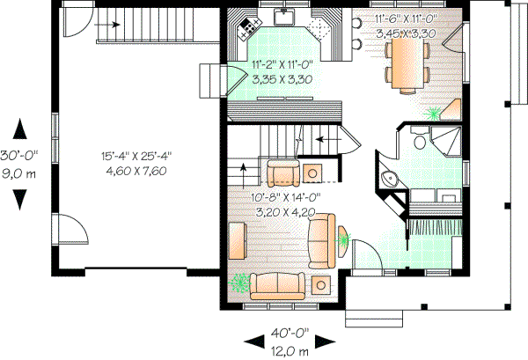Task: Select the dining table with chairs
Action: pyautogui.click(x=405, y=66)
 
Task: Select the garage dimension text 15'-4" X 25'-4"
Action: pyautogui.click(x=136, y=156)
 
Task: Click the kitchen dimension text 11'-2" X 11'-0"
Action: pyautogui.click(x=283, y=65)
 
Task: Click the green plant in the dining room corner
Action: pyautogui.click(x=432, y=113)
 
